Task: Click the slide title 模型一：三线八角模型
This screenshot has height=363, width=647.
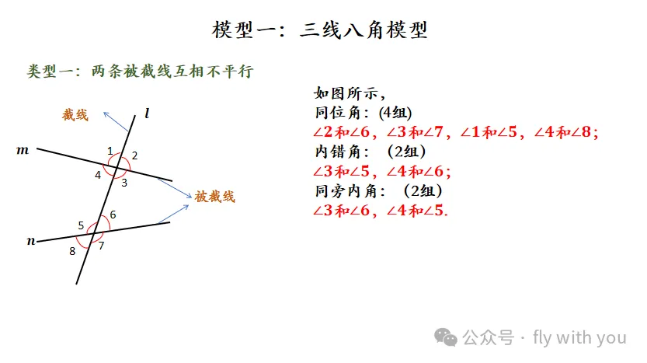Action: [x=320, y=31]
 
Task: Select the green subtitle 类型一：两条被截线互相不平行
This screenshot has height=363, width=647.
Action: [x=141, y=72]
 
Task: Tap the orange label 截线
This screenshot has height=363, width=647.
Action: [x=75, y=115]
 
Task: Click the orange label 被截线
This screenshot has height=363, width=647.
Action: [x=214, y=197]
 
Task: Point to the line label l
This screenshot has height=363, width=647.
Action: [x=148, y=114]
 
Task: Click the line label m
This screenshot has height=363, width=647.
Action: [x=23, y=148]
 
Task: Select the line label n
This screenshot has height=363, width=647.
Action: [x=32, y=241]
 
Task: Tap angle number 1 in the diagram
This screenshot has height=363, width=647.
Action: [x=110, y=150]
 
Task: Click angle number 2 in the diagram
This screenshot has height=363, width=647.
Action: [x=134, y=155]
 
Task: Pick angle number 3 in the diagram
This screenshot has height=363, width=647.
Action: [x=123, y=182]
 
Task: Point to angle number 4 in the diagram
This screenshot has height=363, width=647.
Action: [x=98, y=175]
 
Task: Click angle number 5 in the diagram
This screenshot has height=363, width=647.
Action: [x=81, y=225]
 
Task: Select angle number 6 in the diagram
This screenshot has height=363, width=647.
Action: [x=113, y=215]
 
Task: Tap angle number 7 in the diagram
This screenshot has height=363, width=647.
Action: [x=101, y=246]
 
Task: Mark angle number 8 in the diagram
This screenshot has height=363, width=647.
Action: [x=72, y=250]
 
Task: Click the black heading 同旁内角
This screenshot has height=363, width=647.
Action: [x=346, y=191]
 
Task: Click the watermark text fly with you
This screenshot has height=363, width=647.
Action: [x=579, y=337]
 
